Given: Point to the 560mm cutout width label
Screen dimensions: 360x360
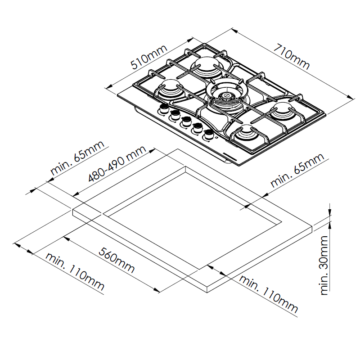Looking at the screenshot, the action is [117, 260].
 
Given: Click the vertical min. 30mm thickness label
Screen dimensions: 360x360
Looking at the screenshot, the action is [324, 265].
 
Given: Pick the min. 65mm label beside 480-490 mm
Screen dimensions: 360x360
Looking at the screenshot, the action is [77, 158].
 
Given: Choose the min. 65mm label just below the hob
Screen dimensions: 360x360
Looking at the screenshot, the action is [297, 170].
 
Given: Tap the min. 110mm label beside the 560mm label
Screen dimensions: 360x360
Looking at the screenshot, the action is [75, 272].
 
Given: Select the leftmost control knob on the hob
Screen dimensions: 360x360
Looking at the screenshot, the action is [164, 108].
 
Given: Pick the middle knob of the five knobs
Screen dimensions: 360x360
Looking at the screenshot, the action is [186, 121].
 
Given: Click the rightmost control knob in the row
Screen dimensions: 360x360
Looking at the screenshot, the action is [208, 135].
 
